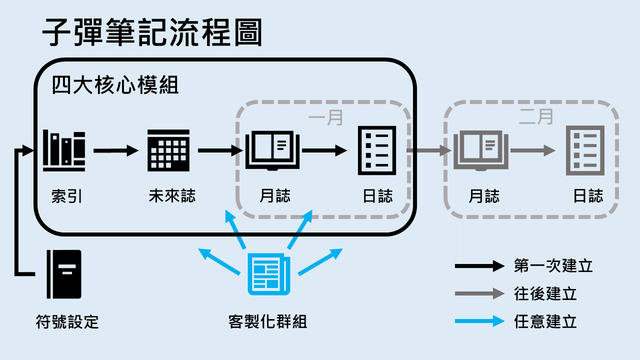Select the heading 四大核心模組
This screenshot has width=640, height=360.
click(x=115, y=85)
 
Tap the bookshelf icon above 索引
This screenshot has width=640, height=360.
click(x=63, y=150)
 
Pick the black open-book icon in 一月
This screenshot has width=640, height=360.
click(x=272, y=150)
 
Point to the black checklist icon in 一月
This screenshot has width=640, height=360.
click(x=377, y=150)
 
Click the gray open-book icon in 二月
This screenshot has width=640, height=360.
click(x=481, y=150)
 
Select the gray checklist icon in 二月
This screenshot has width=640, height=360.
click(x=585, y=150)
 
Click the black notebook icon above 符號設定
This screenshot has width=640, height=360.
click(x=63, y=274)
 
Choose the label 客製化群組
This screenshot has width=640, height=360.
click(x=267, y=321)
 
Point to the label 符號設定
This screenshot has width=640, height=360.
click(x=67, y=321)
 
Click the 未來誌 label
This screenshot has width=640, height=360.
click(x=172, y=195)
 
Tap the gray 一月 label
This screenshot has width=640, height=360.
click(x=325, y=118)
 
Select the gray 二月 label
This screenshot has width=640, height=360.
click(x=536, y=116)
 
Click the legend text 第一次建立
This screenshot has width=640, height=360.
click(x=553, y=265)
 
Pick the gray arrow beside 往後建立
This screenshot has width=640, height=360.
click(x=479, y=293)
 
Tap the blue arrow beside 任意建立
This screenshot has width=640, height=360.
click(x=479, y=321)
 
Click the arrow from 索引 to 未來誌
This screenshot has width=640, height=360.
click(x=115, y=150)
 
